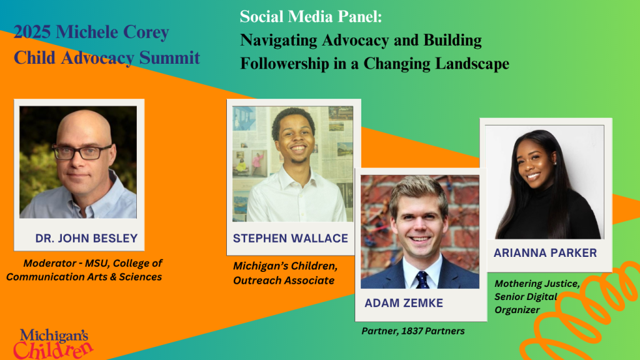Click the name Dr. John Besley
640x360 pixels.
click(x=86, y=238)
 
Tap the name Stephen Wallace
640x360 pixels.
click(x=290, y=238)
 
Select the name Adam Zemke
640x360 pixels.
click(x=404, y=303)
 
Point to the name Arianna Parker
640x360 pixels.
click(x=545, y=253)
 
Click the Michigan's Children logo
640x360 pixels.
click(x=53, y=344)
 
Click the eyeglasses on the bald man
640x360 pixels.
click(x=82, y=152)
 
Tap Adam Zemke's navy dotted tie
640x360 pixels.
click(x=422, y=280)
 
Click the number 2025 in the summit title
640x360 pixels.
click(x=32, y=32)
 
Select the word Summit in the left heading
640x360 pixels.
click(x=169, y=57)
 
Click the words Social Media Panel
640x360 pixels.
click(x=311, y=17)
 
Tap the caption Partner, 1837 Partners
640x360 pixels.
click(x=413, y=331)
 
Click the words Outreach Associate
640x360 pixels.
click(x=284, y=281)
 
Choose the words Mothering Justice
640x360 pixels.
click(x=537, y=284)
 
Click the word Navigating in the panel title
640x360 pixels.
click(x=279, y=41)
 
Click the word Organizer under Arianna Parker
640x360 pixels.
click(x=517, y=310)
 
